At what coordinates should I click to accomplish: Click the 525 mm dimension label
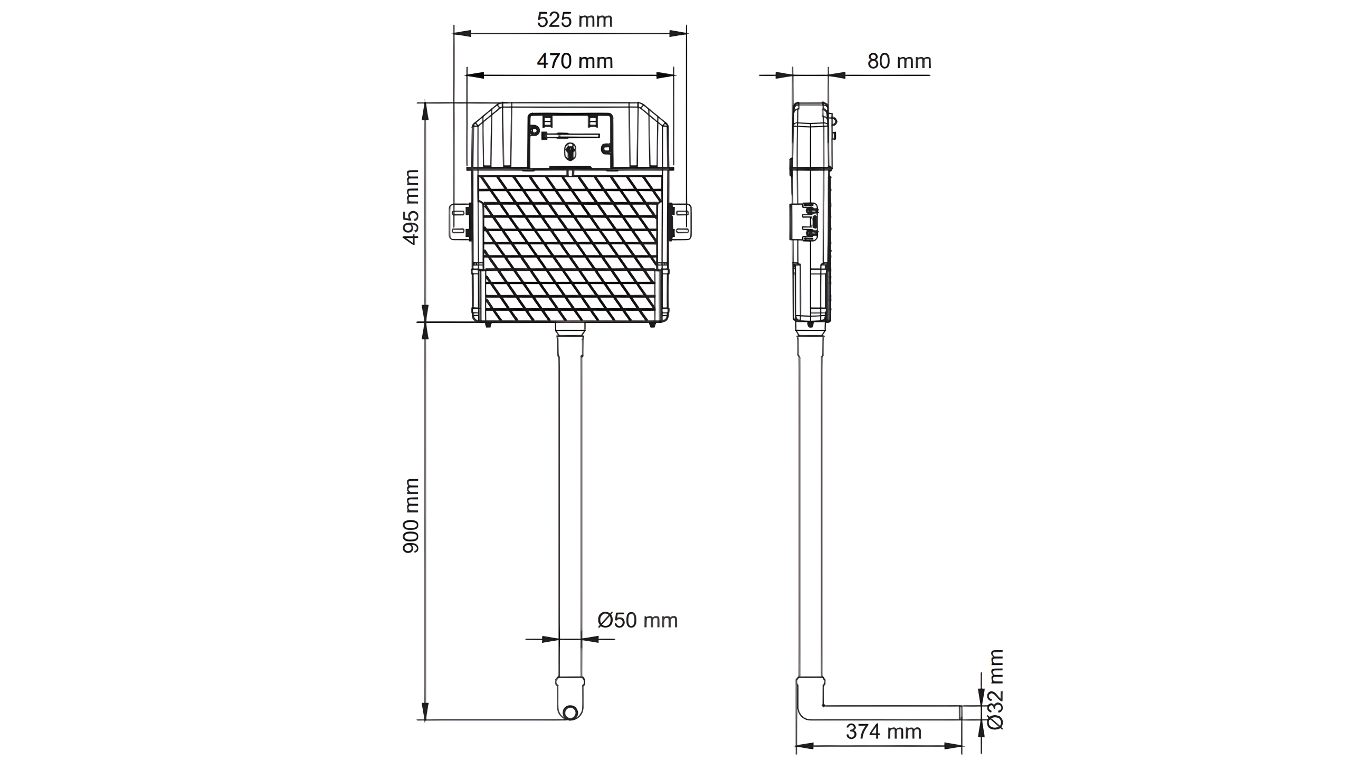[x=575, y=20]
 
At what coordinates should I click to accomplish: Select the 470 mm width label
[x=575, y=61]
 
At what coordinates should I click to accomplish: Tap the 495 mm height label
[x=411, y=207]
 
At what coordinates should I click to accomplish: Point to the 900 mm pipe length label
[x=411, y=516]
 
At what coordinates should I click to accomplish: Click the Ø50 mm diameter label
[x=638, y=620]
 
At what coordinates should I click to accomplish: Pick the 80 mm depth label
[x=899, y=61]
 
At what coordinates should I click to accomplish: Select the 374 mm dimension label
[x=883, y=731]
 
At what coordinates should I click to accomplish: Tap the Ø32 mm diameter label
[x=994, y=689]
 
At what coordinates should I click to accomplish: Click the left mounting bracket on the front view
[x=460, y=222]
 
